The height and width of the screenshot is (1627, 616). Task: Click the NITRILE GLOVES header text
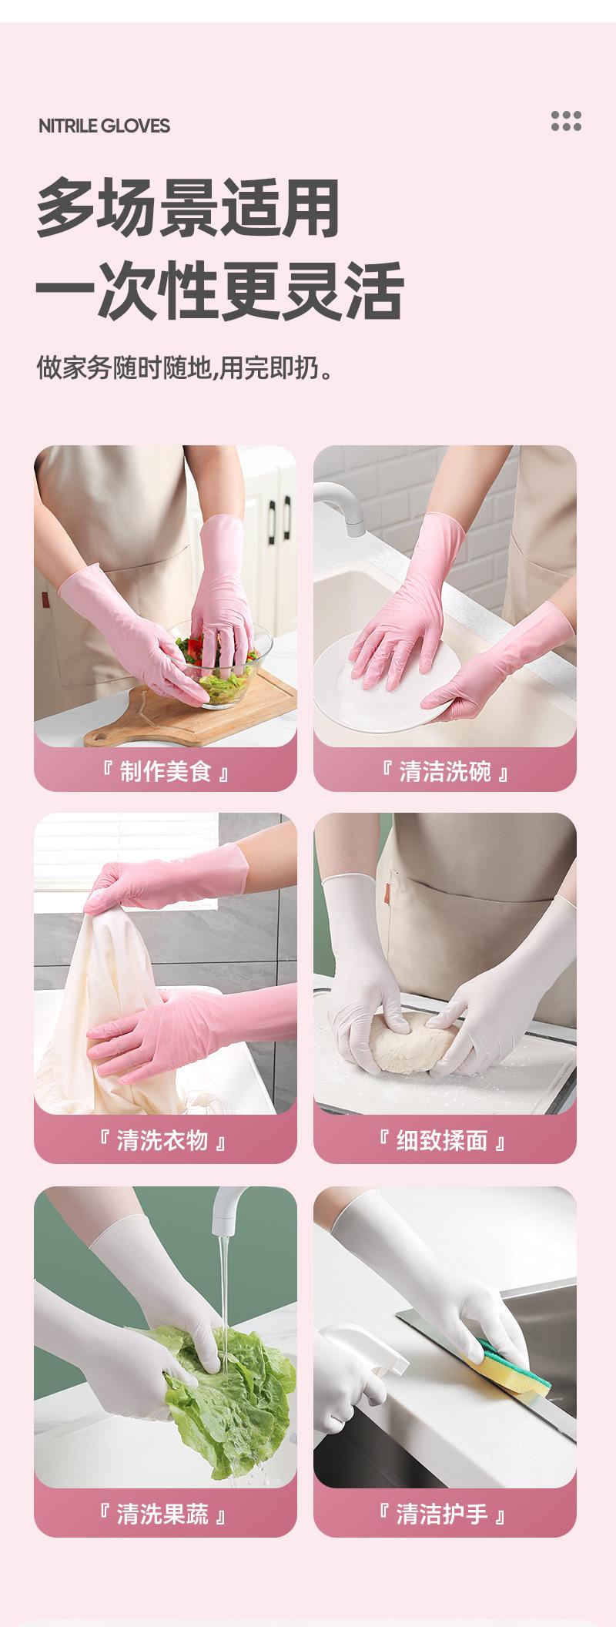coord(104,126)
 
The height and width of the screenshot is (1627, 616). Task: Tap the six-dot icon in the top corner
coord(566,121)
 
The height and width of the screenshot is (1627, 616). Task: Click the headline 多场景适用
coord(188,208)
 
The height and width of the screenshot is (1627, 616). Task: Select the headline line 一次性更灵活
coord(219,290)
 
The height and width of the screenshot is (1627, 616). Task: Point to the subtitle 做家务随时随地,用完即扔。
coord(186,367)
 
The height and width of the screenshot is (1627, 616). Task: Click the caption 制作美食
coord(166,771)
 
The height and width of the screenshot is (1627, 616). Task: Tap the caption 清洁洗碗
coord(445,771)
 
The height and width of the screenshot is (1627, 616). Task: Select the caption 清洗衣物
coord(162,1140)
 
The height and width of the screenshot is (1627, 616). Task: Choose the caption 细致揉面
coord(442,1140)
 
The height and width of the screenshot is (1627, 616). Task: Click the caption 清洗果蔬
coord(162,1515)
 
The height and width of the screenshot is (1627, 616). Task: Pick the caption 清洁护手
coord(442,1515)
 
